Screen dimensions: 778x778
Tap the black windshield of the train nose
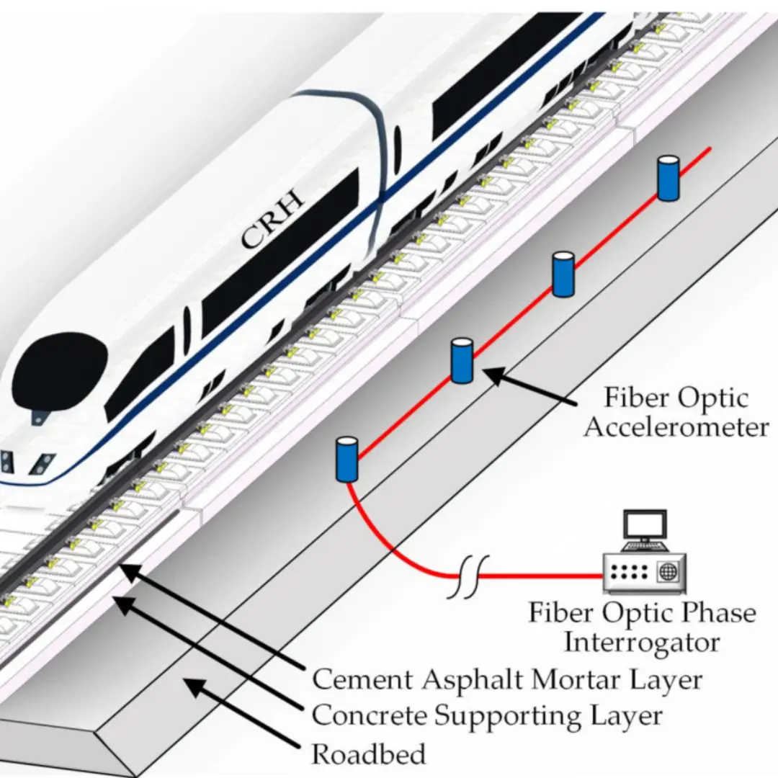point(60,368)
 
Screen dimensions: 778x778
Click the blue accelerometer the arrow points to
point(461,361)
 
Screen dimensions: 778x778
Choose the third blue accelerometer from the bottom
point(563,274)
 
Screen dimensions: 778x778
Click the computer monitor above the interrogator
point(645,527)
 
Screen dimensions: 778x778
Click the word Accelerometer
point(676,427)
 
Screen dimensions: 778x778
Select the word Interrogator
point(641,642)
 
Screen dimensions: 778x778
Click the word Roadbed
point(369,754)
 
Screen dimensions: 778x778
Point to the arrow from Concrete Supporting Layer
point(209,656)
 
